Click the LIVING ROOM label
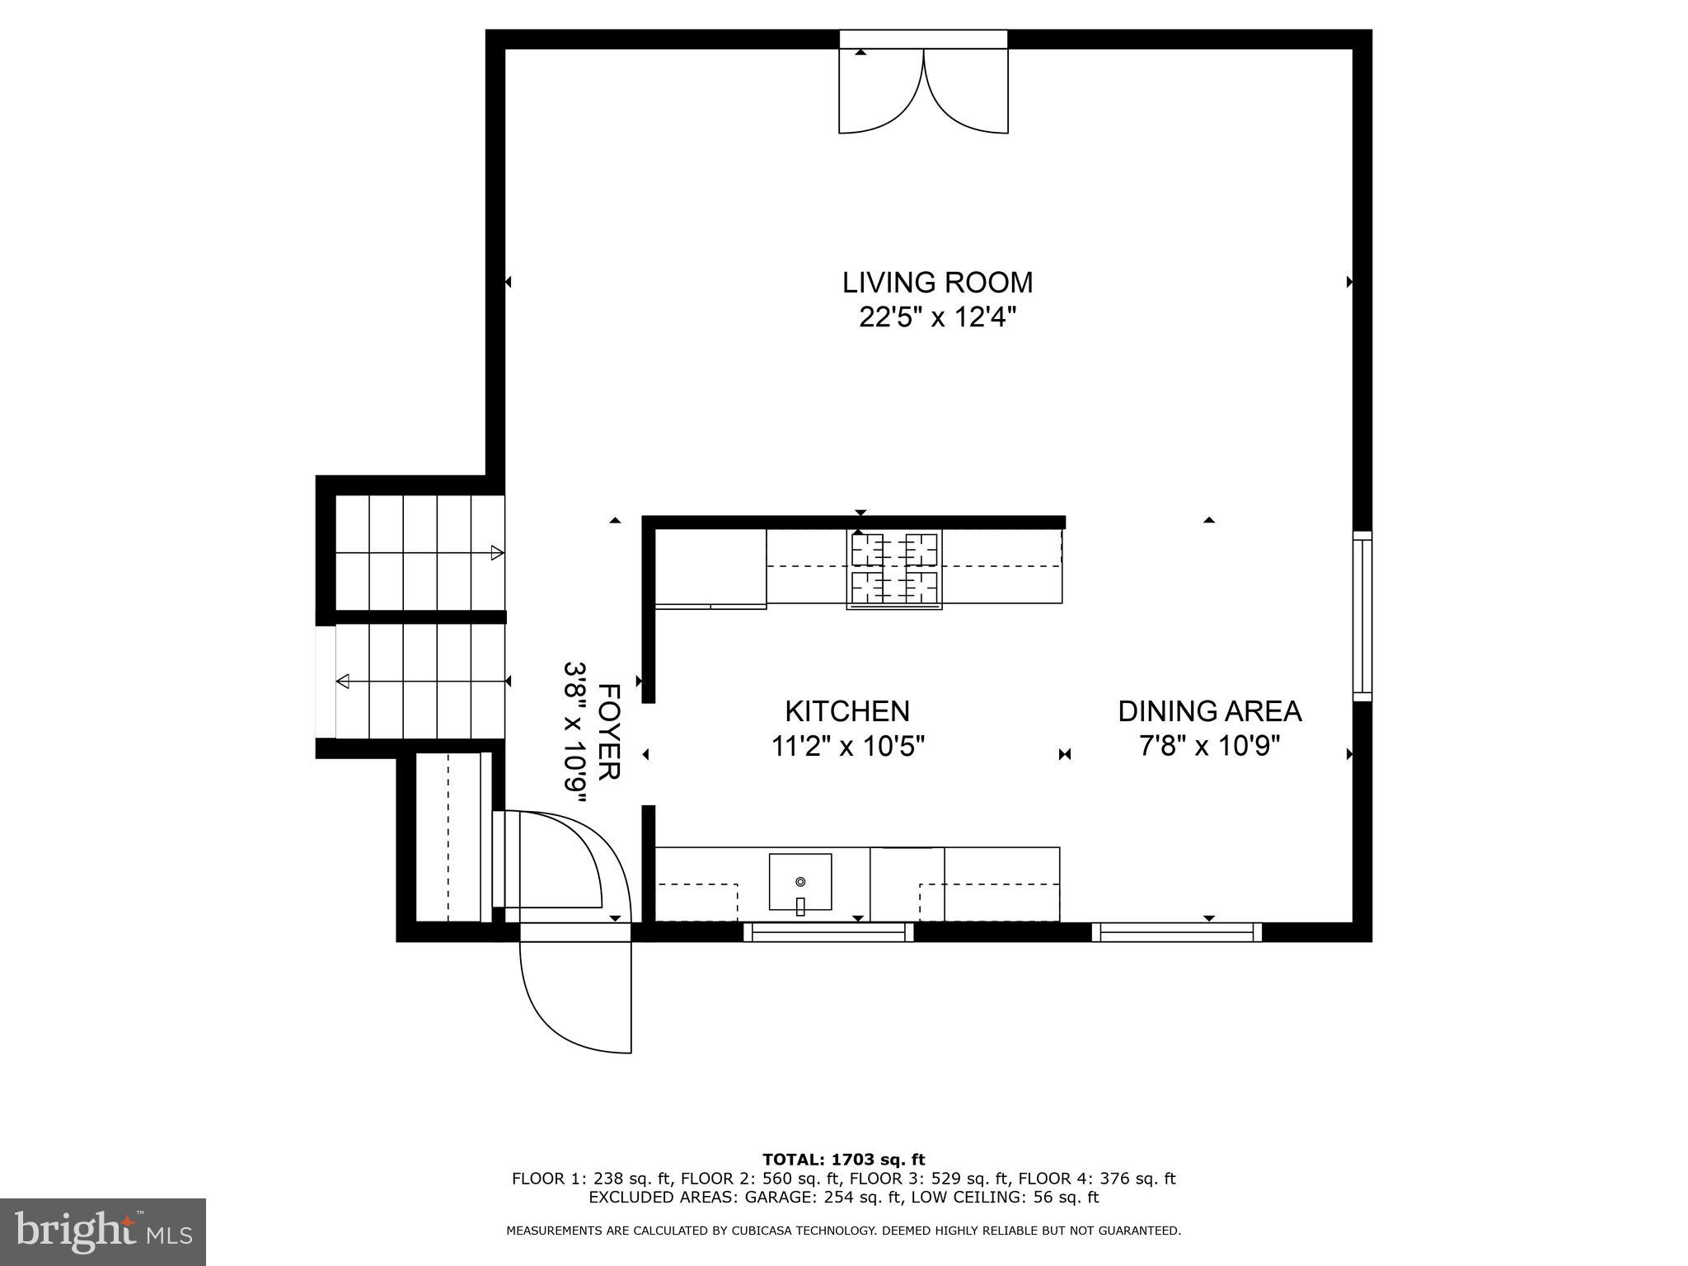pyautogui.click(x=937, y=283)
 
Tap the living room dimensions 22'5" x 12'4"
pyautogui.click(x=937, y=317)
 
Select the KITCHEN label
pyautogui.click(x=846, y=710)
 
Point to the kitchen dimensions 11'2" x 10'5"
pyautogui.click(x=847, y=747)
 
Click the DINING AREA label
pyautogui.click(x=1209, y=710)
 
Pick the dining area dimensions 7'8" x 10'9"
pyautogui.click(x=1209, y=747)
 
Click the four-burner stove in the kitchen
pyautogui.click(x=894, y=570)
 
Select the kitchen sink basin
pyautogui.click(x=799, y=881)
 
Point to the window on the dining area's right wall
pyautogui.click(x=1362, y=616)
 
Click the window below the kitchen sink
pyautogui.click(x=828, y=932)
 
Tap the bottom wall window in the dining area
pyautogui.click(x=1177, y=932)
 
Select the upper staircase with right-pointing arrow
pyautogui.click(x=419, y=552)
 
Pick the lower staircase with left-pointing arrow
pyautogui.click(x=419, y=682)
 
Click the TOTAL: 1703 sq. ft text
pyautogui.click(x=843, y=1160)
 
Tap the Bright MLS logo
pyautogui.click(x=103, y=1231)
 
